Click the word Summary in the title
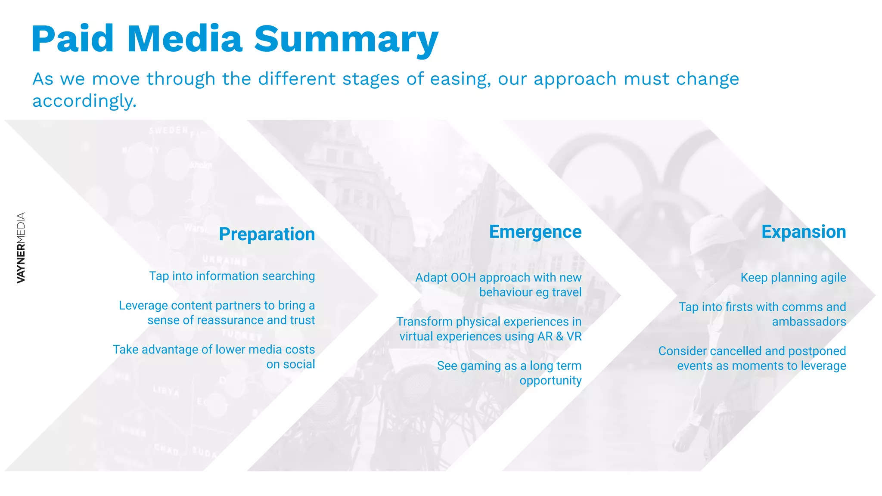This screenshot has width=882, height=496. click(346, 40)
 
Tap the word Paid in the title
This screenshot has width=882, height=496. click(72, 40)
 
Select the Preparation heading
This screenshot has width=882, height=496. click(267, 234)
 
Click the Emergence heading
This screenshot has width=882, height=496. click(535, 232)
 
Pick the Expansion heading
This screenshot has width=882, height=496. click(803, 232)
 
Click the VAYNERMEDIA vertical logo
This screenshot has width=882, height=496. click(21, 248)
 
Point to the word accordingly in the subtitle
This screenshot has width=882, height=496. click(84, 101)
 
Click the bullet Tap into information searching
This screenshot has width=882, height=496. click(232, 276)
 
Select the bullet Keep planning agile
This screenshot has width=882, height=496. click(793, 278)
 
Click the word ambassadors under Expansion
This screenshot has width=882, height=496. click(808, 322)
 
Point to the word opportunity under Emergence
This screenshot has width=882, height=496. click(550, 381)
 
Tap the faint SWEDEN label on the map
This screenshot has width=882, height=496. click(168, 130)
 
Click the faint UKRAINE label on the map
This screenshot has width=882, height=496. click(225, 260)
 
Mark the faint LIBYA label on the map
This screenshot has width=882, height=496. click(166, 391)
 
